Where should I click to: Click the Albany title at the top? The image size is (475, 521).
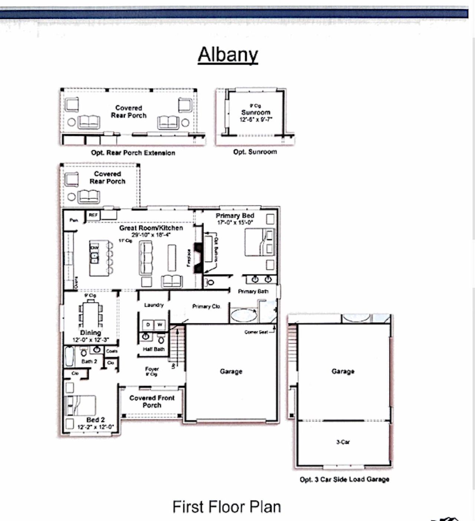[x=227, y=55]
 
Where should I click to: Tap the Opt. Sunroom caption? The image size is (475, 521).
[x=255, y=152]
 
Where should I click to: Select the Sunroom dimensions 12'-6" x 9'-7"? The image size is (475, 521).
[x=256, y=120]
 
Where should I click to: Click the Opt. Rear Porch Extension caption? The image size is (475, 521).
[x=133, y=153]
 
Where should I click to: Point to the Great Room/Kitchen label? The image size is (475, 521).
[x=151, y=228]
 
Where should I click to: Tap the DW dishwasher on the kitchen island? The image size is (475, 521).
[x=95, y=248]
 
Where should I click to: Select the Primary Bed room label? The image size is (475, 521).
[x=235, y=216]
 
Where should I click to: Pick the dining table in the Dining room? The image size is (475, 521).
[x=90, y=313]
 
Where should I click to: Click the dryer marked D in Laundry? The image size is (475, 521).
[x=148, y=325]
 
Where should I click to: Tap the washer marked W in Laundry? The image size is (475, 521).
[x=160, y=325]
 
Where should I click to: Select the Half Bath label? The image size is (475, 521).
[x=154, y=349]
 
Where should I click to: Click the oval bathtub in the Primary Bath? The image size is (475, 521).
[x=244, y=316]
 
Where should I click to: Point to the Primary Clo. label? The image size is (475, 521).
[x=206, y=306]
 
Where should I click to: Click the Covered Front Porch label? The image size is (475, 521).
[x=152, y=401]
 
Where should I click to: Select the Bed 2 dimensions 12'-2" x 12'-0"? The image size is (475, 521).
[x=95, y=427]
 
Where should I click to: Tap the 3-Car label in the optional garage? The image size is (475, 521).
[x=343, y=442]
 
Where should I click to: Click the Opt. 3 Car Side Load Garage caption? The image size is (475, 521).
[x=344, y=479]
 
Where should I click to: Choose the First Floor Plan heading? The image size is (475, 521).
[x=227, y=507]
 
